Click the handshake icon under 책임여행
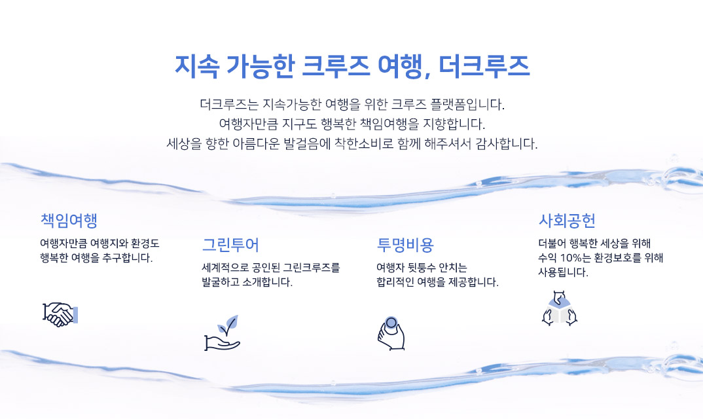point(60,314)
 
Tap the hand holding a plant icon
point(223,333)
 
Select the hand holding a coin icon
point(391,333)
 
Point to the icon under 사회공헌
point(559,308)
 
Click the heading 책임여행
point(69,220)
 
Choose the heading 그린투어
point(230,245)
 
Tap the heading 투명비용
point(405,245)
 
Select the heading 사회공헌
point(567,220)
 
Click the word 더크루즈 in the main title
point(484,66)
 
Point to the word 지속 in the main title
point(197,66)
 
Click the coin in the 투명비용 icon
point(391,323)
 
